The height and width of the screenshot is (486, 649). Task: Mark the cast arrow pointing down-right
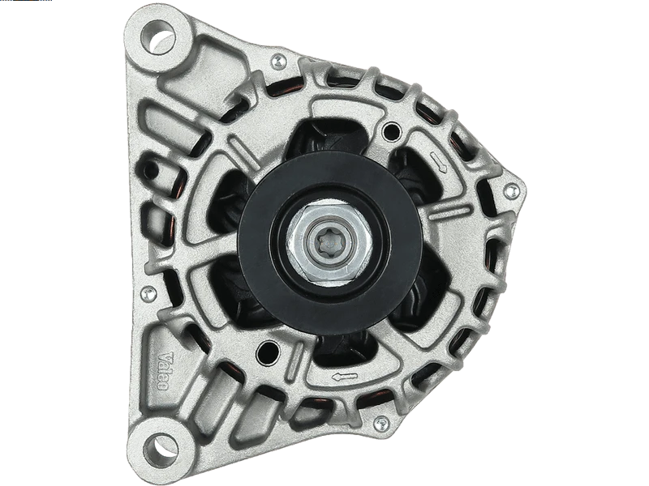tap(440, 164)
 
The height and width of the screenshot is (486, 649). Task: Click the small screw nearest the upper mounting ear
tap(278, 59)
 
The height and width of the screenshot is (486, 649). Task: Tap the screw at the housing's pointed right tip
tap(509, 192)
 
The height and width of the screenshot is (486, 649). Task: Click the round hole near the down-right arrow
tap(395, 129)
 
